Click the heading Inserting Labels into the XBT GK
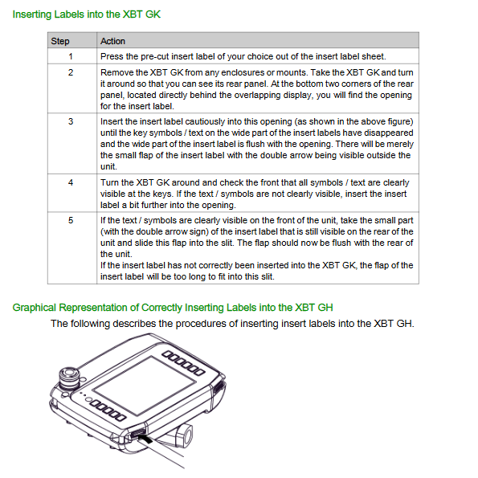pyautogui.click(x=86, y=14)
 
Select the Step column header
pyautogui.click(x=60, y=41)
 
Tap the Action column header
pyautogui.click(x=112, y=41)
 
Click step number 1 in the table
pyautogui.click(x=71, y=56)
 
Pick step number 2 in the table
pyautogui.click(x=71, y=72)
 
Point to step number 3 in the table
pyautogui.click(x=71, y=121)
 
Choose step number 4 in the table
pyautogui.click(x=71, y=182)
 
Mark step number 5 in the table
pyautogui.click(x=71, y=220)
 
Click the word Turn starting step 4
pyautogui.click(x=109, y=182)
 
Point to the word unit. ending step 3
pyautogui.click(x=108, y=166)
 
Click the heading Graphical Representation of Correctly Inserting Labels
pyautogui.click(x=173, y=308)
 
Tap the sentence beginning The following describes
pyautogui.click(x=232, y=324)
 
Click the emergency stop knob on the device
pyautogui.click(x=69, y=378)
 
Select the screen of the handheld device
pyautogui.click(x=144, y=386)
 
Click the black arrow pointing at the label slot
pyautogui.click(x=145, y=439)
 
